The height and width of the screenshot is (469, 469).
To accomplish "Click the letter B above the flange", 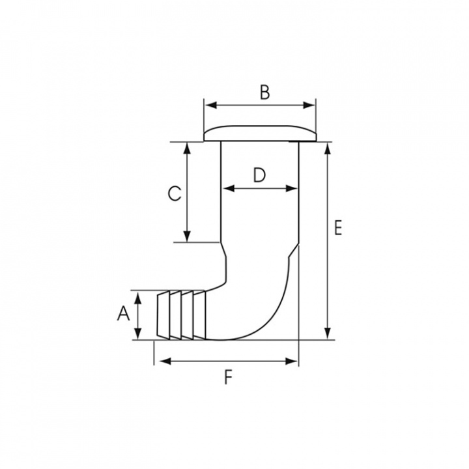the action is coord(264,92).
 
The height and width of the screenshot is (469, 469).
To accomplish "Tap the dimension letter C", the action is coord(175,193).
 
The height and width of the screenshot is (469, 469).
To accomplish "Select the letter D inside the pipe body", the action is coord(259,175).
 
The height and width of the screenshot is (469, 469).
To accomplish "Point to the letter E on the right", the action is coord(338,227).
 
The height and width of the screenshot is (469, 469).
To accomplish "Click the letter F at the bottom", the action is coord(228,377).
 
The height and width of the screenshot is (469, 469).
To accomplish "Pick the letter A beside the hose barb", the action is coord(123,314).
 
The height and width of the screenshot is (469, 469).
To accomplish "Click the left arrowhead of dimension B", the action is coord(211,106).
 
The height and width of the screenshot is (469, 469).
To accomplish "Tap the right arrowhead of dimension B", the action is coord(309,106).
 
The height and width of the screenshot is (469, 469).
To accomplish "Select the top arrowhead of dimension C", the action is coord(187,148).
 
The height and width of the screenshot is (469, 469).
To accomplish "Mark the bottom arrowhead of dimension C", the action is coord(187,236).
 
